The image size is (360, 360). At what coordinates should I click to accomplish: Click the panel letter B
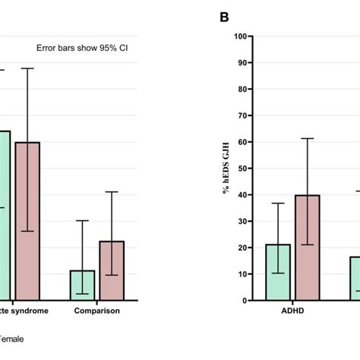pyautogui.click(x=224, y=16)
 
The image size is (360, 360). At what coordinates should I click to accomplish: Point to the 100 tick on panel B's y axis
pyautogui.click(x=244, y=36)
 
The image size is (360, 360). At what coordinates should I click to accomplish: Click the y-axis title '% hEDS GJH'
pyautogui.click(x=227, y=169)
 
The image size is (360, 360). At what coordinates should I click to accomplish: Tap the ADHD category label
pyautogui.click(x=292, y=311)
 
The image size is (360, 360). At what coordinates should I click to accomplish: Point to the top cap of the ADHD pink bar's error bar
pyautogui.click(x=308, y=138)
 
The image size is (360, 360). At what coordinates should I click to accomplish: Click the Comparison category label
pyautogui.click(x=96, y=311)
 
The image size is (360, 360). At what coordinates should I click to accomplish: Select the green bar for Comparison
pyautogui.click(x=82, y=285)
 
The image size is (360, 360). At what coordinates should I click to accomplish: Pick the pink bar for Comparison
pyautogui.click(x=112, y=270)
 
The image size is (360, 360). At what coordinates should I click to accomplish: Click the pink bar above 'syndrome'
pyautogui.click(x=27, y=220)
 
